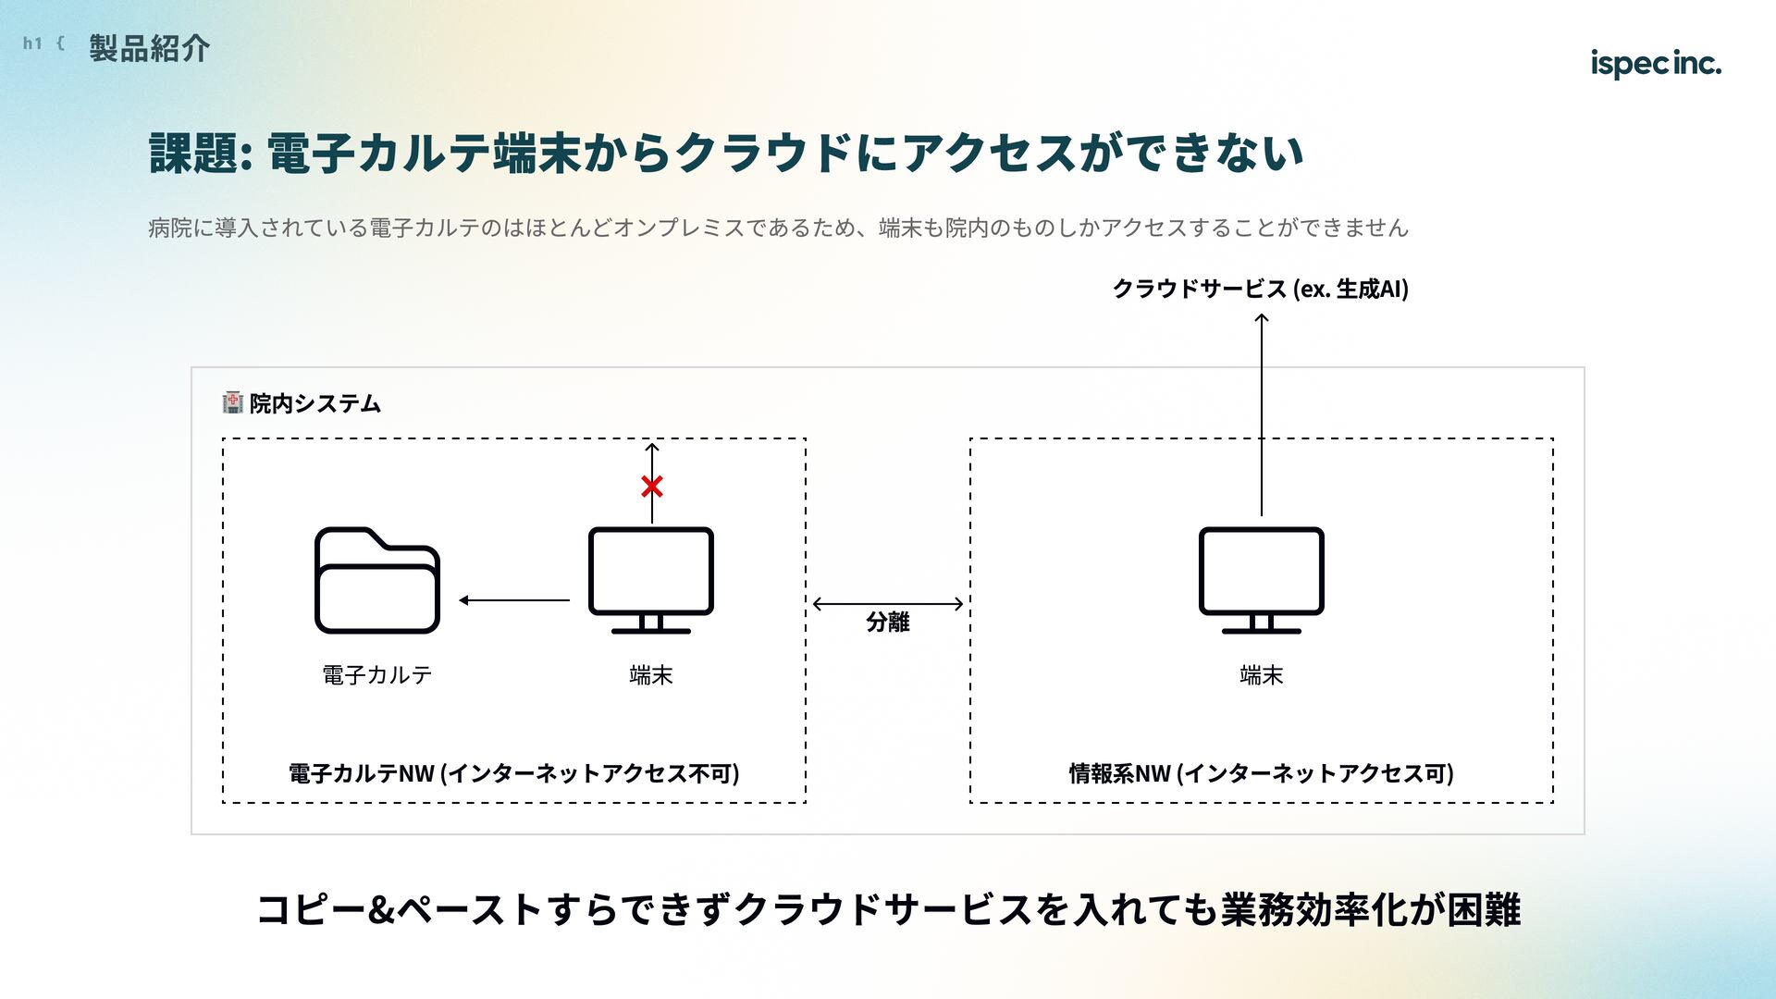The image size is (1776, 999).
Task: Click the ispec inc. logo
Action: pos(1655,63)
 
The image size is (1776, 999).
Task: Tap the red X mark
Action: pos(652,486)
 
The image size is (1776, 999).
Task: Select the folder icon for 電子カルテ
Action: pos(377,580)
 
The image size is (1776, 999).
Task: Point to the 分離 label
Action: pos(888,623)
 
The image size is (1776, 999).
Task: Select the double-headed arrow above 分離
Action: pos(888,604)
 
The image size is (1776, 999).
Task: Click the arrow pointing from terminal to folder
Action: pos(514,600)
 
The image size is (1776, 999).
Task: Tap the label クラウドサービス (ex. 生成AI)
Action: pos(1260,289)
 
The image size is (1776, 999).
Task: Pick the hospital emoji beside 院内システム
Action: pos(232,402)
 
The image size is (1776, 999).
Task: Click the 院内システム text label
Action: pos(315,403)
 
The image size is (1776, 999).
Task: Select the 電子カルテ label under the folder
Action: pos(377,675)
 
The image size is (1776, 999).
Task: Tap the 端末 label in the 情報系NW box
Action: pos(1261,675)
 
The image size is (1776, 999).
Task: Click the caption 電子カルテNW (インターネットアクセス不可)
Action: pos(513,773)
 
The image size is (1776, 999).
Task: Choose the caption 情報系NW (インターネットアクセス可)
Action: pos(1261,773)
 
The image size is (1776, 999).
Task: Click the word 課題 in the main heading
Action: pos(194,153)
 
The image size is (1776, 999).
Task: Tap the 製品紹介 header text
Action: pos(150,48)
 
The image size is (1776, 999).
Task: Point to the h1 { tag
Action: pos(43,43)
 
